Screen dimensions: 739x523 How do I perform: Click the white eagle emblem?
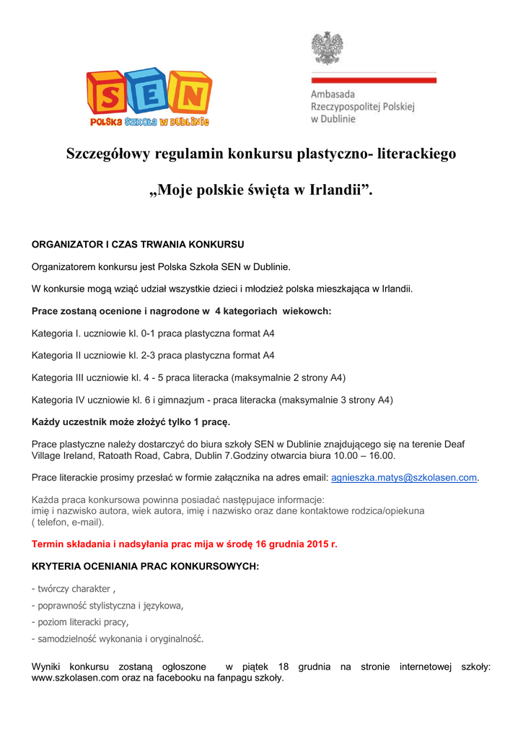pos(327,48)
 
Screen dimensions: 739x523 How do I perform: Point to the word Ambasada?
pos(333,94)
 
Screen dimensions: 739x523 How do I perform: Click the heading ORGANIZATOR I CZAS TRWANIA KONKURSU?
pos(138,244)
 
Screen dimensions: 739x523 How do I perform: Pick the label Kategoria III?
pos(63,377)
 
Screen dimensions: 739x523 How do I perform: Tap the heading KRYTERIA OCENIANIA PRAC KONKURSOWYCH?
pos(145,567)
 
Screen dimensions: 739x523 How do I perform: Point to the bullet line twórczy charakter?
pos(73,589)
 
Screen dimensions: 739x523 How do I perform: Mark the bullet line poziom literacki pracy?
pos(81,622)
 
